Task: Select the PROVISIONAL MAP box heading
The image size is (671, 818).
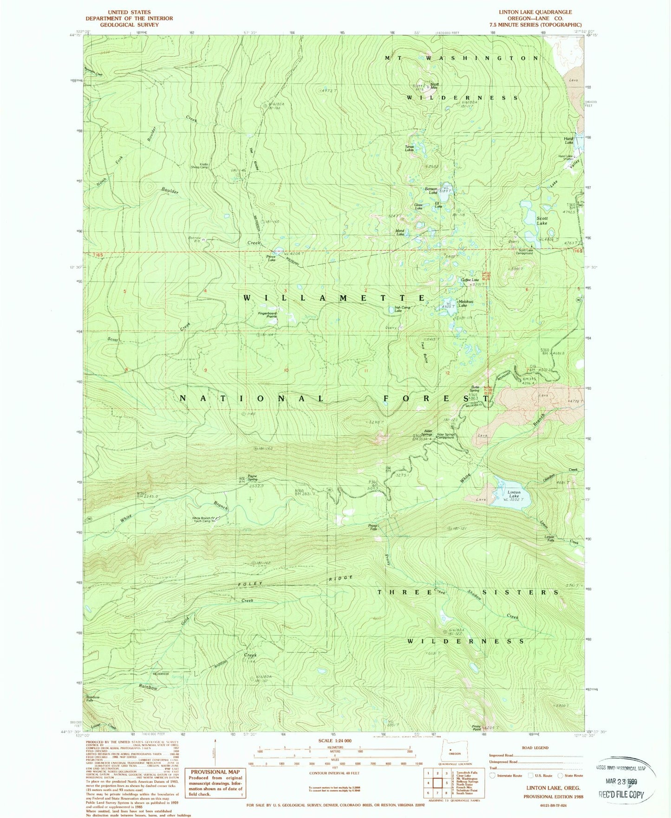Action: [215, 772]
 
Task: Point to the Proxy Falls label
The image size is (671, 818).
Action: [372, 527]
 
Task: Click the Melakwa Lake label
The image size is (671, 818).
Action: [462, 303]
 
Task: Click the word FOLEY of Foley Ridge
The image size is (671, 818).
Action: [250, 584]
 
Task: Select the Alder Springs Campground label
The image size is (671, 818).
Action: [445, 436]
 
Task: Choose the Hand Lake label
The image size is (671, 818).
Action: [568, 140]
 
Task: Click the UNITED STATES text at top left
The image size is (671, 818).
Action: [129, 12]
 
